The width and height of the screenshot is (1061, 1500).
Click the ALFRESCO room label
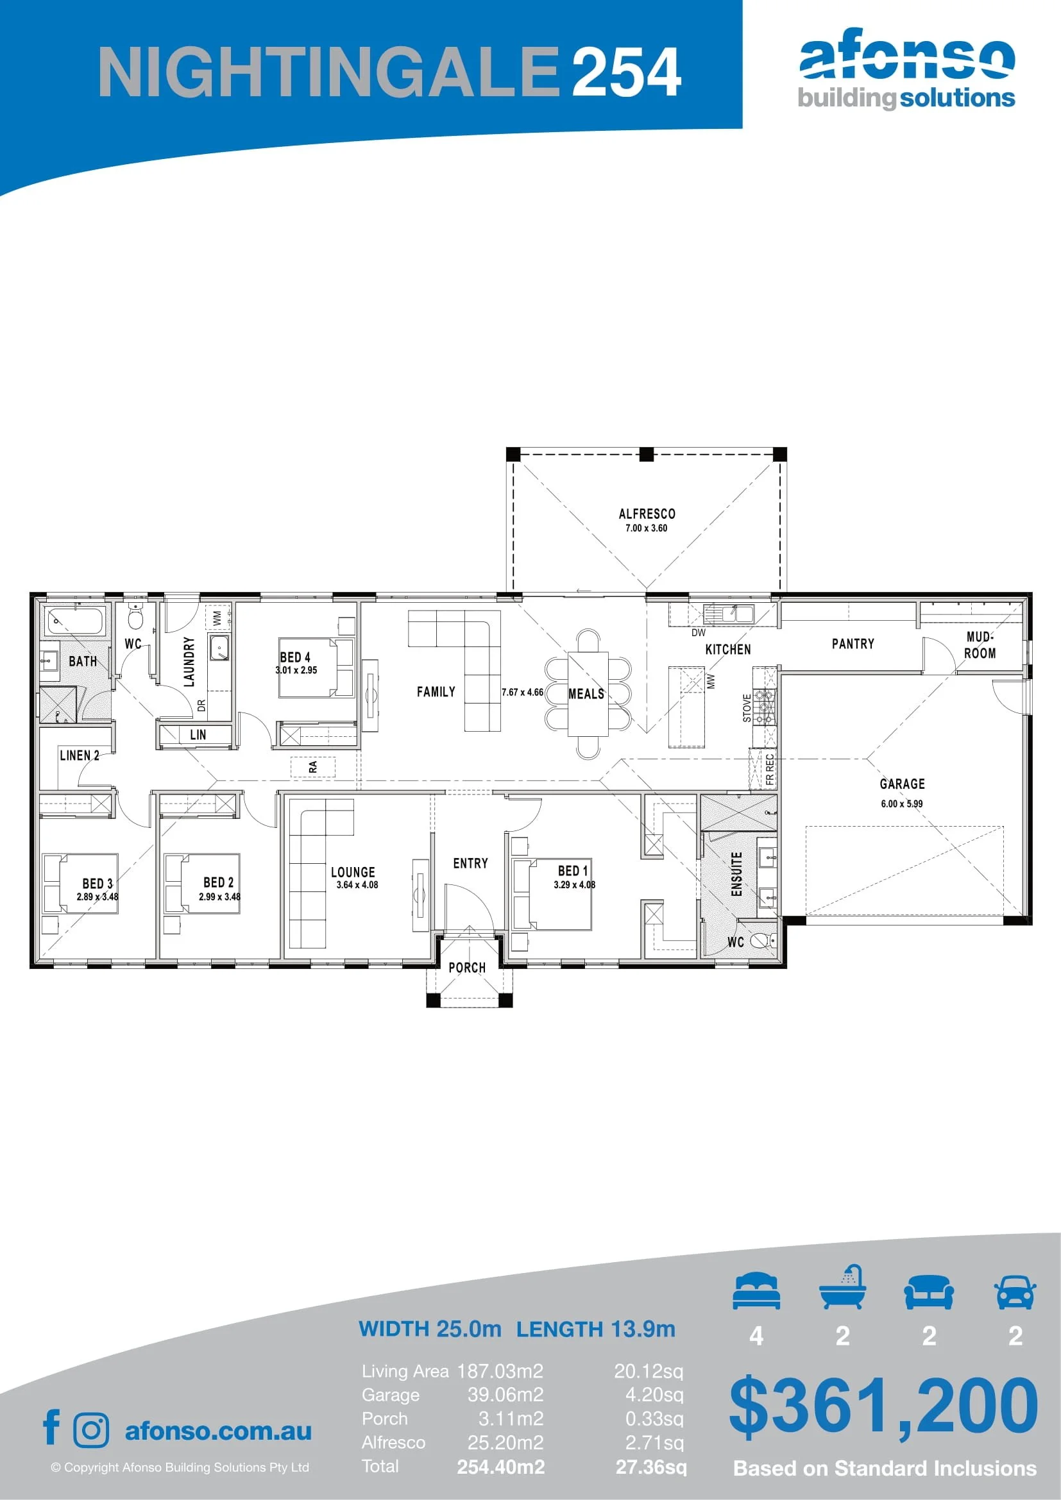(647, 514)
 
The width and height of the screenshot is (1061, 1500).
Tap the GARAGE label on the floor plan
(903, 784)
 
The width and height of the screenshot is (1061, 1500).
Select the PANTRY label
(853, 644)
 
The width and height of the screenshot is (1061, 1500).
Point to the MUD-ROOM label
(980, 645)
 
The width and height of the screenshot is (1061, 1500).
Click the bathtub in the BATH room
(76, 621)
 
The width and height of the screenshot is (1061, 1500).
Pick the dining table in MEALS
(588, 694)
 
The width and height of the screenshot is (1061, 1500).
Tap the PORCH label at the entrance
(467, 968)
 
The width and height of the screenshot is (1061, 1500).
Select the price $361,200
(883, 1406)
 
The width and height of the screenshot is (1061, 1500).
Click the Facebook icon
(51, 1427)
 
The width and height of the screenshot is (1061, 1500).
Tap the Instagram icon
(92, 1431)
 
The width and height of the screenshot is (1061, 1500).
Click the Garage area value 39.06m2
(505, 1395)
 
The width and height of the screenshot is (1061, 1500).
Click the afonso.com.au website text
(218, 1431)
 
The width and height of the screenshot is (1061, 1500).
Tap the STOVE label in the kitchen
(747, 708)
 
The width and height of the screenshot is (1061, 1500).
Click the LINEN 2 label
(80, 755)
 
